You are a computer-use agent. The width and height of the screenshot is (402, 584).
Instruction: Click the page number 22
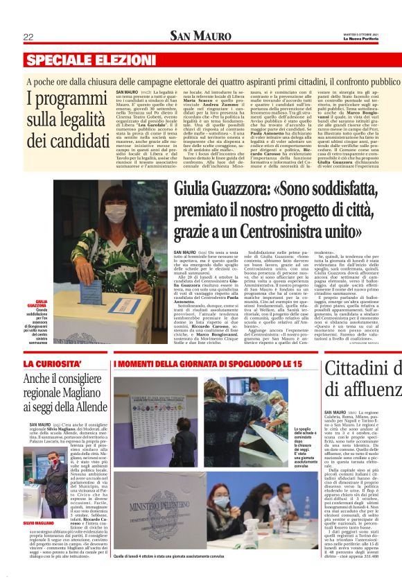coord(28,36)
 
